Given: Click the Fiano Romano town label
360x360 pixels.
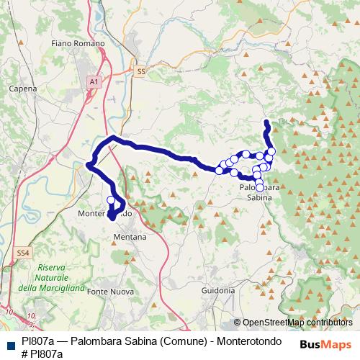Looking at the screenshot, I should tap(78, 43).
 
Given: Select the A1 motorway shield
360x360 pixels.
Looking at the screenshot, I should tap(94, 83).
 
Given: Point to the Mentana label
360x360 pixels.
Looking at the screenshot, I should tap(130, 236).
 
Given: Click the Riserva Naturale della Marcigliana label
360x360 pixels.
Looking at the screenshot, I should tap(52, 278).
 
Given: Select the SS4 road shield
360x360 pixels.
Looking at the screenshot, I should tap(24, 253).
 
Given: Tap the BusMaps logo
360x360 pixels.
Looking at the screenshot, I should tap(326, 344).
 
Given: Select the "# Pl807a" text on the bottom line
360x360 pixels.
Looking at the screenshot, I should tap(42, 354).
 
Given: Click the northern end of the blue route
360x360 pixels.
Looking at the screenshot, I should tap(266, 121).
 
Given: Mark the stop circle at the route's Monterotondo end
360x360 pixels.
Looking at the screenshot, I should tap(111, 200).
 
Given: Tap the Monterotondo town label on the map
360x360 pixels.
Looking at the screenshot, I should tap(105, 214).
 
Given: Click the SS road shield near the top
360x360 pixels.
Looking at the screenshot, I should tap(140, 71).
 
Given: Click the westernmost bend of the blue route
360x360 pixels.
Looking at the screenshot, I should tap(89, 165).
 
